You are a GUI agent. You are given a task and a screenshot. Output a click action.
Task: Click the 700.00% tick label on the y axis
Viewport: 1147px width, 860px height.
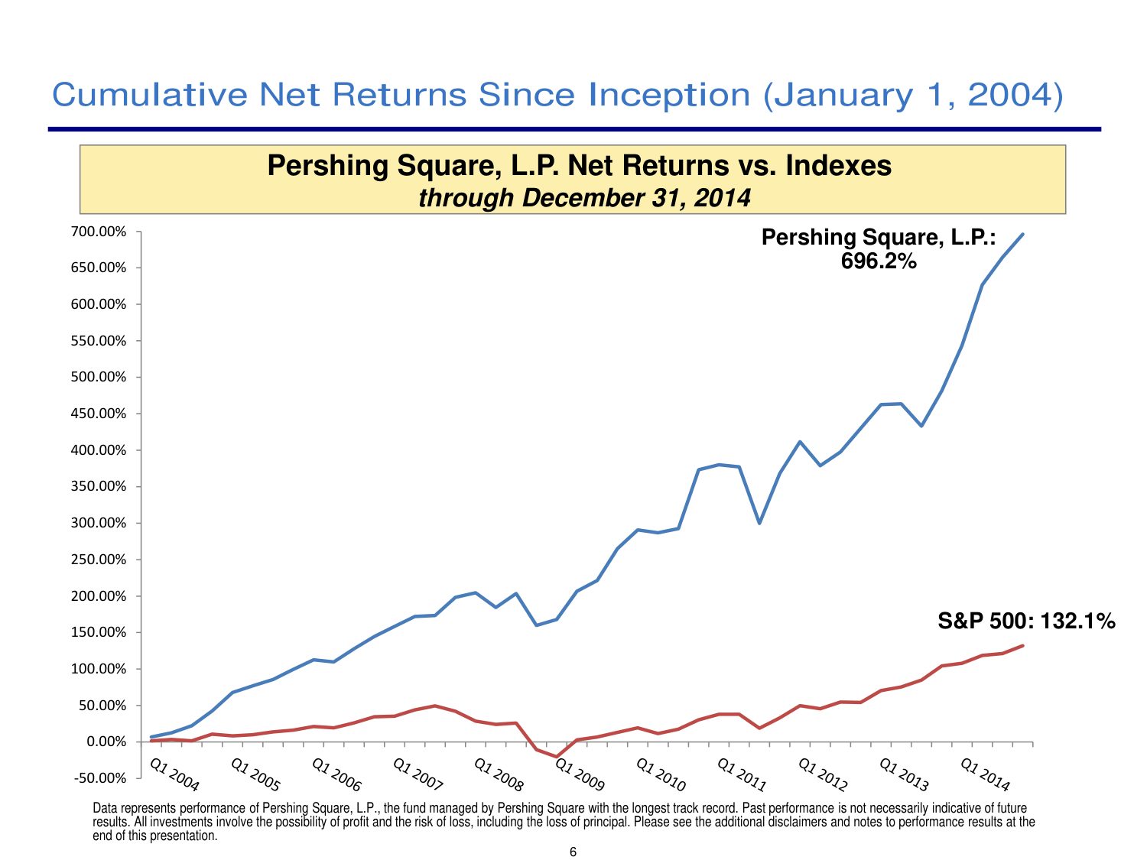pos(100,232)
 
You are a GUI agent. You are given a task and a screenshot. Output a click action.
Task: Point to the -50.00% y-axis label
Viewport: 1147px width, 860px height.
pos(100,778)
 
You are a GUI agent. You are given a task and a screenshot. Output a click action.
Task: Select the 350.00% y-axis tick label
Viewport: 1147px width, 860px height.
pos(100,486)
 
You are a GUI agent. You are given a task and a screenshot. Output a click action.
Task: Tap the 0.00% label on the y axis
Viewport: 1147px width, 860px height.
pos(106,742)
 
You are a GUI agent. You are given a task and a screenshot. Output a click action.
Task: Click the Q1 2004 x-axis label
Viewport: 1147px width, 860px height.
pos(174,774)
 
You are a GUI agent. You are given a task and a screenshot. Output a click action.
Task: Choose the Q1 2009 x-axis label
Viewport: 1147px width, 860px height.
pos(580,774)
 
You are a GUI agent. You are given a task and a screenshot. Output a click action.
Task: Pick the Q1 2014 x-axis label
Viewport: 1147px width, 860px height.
pos(985,774)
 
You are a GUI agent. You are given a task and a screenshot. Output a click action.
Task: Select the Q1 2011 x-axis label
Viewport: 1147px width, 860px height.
pos(742,774)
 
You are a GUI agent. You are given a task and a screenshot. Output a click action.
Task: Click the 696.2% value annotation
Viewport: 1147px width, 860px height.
pos(879,261)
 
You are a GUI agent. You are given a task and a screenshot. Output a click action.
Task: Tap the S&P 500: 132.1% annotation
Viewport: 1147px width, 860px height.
pos(1026,621)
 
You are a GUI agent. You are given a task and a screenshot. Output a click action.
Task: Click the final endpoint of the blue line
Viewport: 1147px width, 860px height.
pos(1023,234)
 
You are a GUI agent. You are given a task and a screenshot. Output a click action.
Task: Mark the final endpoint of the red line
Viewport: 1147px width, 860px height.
pos(1023,645)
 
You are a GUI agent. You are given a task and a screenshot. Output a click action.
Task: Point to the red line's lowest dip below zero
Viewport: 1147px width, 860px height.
pos(557,757)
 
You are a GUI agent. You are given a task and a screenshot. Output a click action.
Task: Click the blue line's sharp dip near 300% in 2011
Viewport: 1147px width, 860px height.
pos(759,523)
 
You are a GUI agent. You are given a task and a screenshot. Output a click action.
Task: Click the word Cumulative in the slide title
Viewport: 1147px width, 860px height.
pos(150,95)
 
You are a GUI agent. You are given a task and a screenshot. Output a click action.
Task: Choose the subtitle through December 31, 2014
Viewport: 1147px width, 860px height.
pos(584,198)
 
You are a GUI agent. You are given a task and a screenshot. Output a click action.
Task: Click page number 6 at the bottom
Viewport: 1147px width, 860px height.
pos(573,852)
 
